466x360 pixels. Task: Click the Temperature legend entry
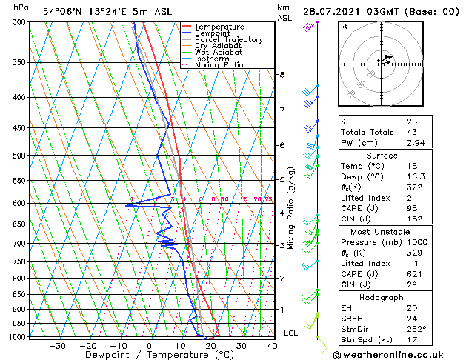[220, 27]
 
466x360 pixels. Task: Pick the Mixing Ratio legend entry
[219, 65]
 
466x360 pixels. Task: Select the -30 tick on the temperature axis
[57, 345]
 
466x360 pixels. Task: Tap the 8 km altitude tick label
[282, 75]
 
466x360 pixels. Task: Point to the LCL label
[290, 333]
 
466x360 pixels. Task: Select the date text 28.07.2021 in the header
[330, 11]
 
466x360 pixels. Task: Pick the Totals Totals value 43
[411, 132]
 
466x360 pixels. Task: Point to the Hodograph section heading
[382, 297]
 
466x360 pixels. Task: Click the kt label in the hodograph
[344, 26]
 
